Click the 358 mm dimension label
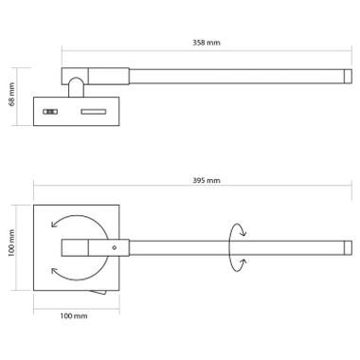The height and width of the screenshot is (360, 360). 207,43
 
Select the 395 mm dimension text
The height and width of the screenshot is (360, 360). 207,181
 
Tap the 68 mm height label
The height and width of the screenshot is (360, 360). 12,94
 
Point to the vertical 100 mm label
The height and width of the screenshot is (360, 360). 12,243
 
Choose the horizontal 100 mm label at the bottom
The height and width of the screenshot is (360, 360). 74,315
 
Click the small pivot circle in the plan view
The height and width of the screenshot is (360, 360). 115,248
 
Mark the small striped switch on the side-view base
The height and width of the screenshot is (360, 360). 50,112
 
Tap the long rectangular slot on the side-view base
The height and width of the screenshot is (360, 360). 94,112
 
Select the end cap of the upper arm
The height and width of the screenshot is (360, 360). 348,76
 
